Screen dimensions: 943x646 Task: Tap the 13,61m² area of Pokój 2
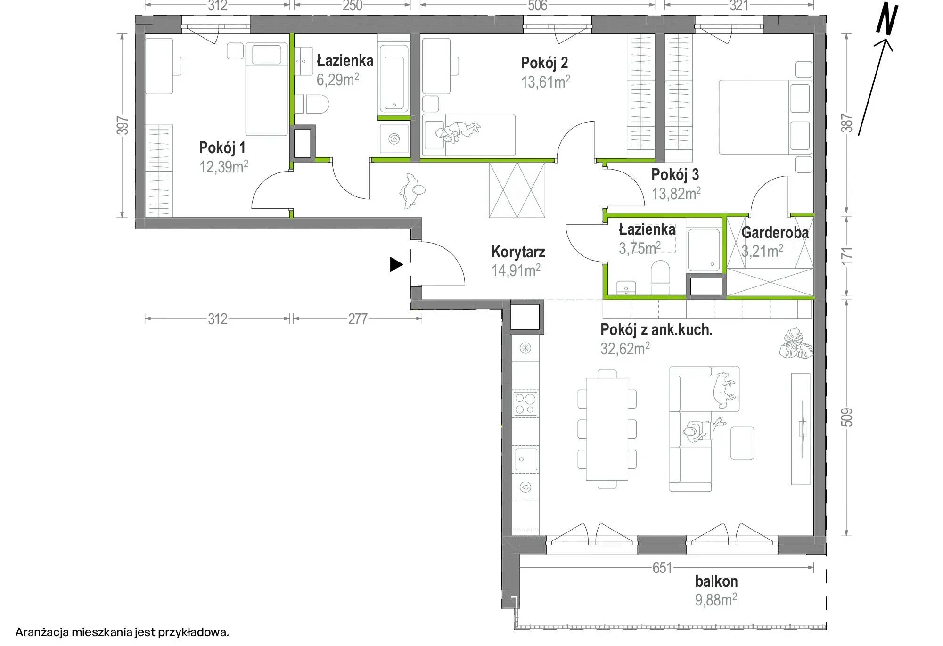(x=545, y=82)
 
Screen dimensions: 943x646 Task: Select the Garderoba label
(x=775, y=232)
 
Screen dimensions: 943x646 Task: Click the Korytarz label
(x=518, y=252)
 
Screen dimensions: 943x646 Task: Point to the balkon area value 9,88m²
(x=716, y=600)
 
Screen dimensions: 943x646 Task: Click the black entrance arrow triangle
(x=396, y=265)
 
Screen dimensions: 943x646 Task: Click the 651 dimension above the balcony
(x=662, y=568)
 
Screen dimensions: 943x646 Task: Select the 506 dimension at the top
(x=537, y=6)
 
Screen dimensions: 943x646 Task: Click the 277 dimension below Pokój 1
(x=358, y=319)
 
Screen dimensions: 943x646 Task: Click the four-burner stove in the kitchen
(x=525, y=404)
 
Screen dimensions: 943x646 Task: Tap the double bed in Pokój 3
(x=765, y=117)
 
